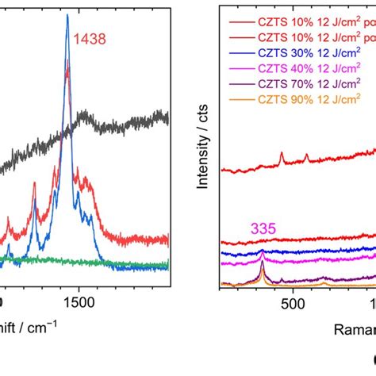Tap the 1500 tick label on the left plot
[78, 303]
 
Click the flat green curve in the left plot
[119, 262]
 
